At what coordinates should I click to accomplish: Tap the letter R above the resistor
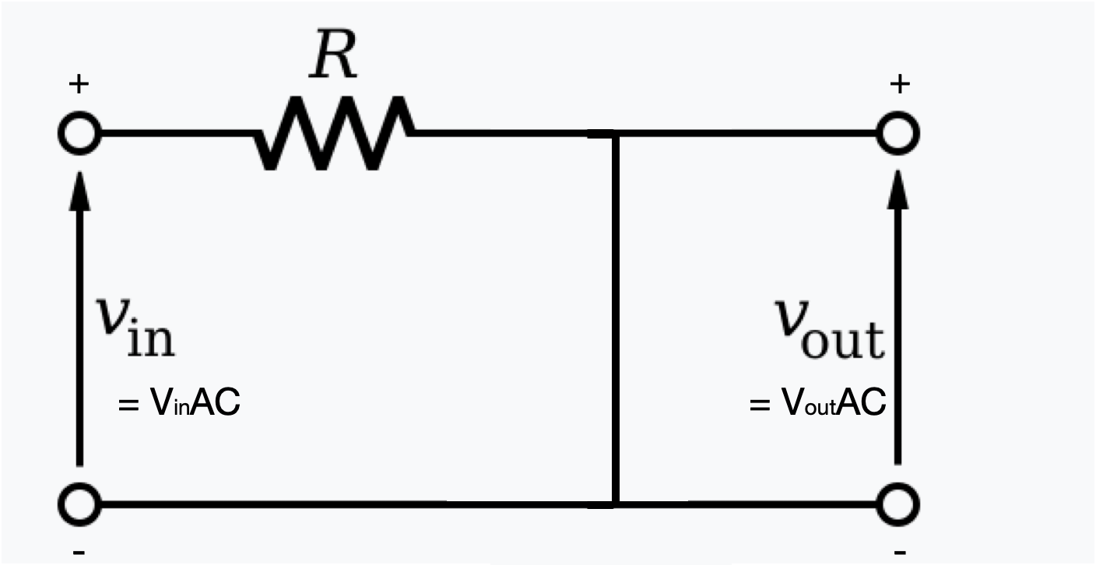click(333, 58)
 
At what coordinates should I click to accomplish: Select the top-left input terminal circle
click(78, 135)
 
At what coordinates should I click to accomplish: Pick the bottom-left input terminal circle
click(78, 504)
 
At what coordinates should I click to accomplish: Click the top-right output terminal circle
click(898, 135)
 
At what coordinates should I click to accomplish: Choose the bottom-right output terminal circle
click(898, 504)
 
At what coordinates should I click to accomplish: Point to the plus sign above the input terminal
click(78, 84)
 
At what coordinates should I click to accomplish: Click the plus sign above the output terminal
click(899, 84)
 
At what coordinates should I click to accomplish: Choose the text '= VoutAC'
click(817, 405)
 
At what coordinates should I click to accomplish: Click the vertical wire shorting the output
click(615, 319)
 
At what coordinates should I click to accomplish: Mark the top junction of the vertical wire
click(615, 135)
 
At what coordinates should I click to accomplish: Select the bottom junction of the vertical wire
click(615, 504)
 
